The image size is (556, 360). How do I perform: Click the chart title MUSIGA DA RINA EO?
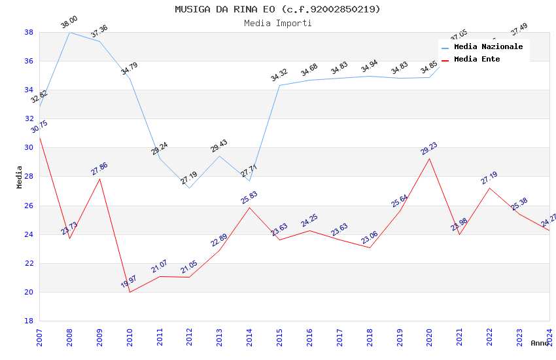point(277,9)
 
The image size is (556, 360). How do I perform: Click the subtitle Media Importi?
point(277,23)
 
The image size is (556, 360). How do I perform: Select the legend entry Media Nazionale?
point(488,47)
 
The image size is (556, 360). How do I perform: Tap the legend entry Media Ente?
point(476,60)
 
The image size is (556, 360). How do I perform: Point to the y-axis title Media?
point(19,177)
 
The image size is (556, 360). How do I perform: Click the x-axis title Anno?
point(540,343)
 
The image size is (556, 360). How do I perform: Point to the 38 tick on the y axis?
point(29,32)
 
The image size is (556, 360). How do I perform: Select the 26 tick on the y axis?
point(29,206)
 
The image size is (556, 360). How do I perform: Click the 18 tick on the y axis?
point(29,321)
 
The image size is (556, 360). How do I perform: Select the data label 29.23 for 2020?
point(429,149)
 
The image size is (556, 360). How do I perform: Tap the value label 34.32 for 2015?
point(279,75)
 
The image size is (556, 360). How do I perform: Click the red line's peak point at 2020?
point(430,158)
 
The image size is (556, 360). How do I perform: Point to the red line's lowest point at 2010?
point(130,292)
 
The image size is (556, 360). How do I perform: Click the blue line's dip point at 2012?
point(190,188)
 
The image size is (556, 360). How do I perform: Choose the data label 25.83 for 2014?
point(249,198)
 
